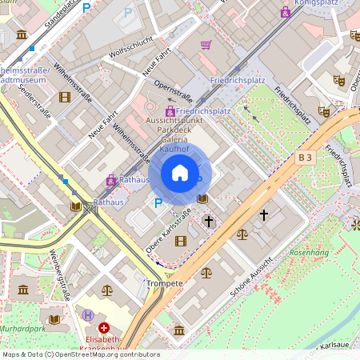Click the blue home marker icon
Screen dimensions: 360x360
pos(180,173)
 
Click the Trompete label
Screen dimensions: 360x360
pos(166,283)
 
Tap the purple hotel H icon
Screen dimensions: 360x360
pos(87,315)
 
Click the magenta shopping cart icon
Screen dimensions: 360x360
pos(206,46)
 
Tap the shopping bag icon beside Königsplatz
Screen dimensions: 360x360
pos(286,11)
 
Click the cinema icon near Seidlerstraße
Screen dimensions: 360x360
pos(64,97)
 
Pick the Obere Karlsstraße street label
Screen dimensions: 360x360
pos(169,232)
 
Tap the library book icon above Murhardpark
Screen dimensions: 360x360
pos(54,318)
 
